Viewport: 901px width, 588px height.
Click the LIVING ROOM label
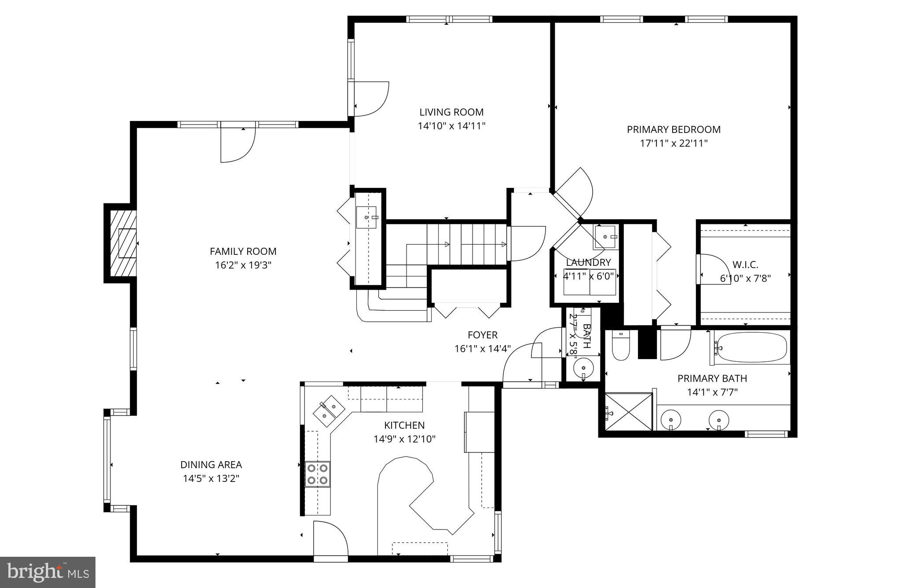451,112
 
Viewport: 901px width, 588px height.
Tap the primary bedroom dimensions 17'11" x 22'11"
674,143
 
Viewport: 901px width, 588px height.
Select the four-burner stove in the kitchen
318,474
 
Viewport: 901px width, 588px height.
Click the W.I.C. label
745,265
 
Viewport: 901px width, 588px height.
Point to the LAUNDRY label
588,263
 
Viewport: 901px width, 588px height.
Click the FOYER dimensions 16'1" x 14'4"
482,349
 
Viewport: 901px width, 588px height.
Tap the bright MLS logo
48,572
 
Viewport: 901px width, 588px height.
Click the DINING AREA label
211,464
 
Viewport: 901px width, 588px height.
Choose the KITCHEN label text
404,425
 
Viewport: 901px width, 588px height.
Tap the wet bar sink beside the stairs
366,217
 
